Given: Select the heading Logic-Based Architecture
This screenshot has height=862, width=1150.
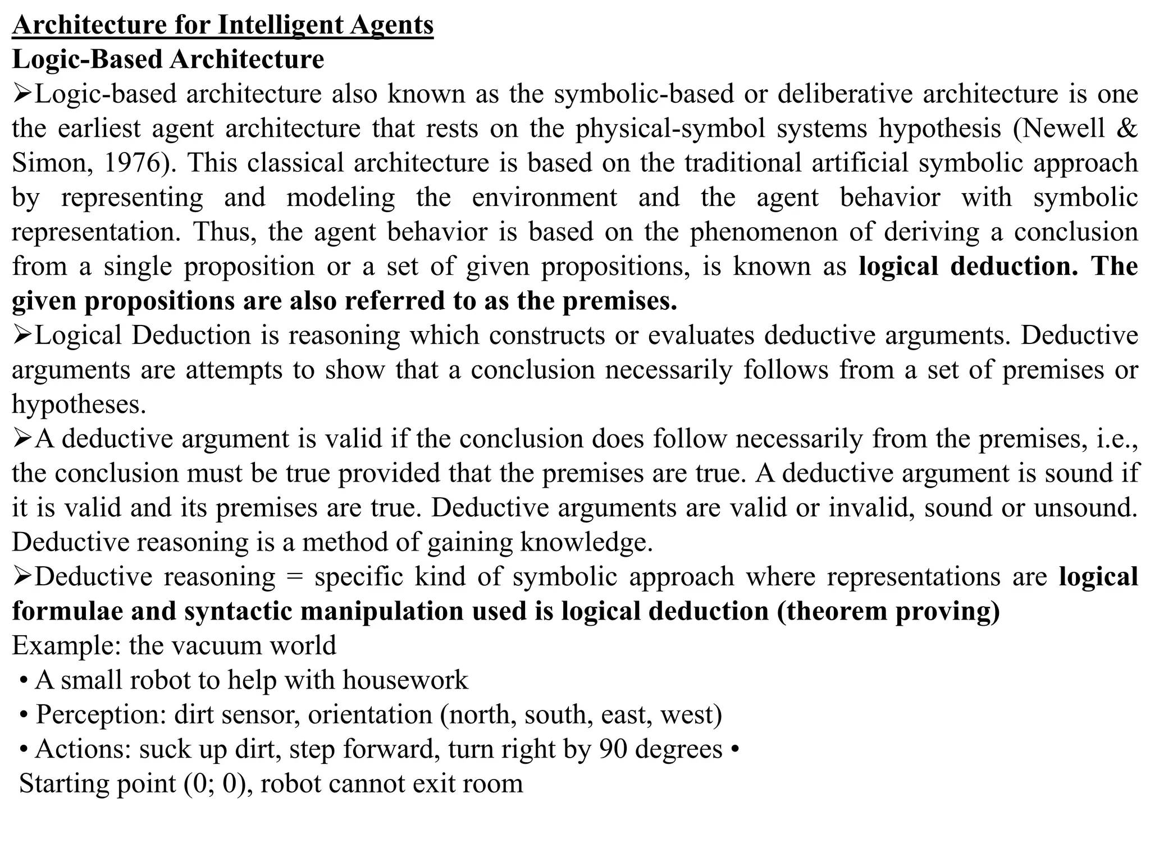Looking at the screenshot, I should coord(168,59).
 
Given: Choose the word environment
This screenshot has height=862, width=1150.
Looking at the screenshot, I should coord(544,198).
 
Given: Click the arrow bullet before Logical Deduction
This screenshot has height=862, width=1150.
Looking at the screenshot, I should coord(22,336).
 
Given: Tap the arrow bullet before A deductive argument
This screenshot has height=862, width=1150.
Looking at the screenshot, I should coord(22,439).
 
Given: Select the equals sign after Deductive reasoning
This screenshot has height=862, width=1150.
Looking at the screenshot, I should coord(295,577).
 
